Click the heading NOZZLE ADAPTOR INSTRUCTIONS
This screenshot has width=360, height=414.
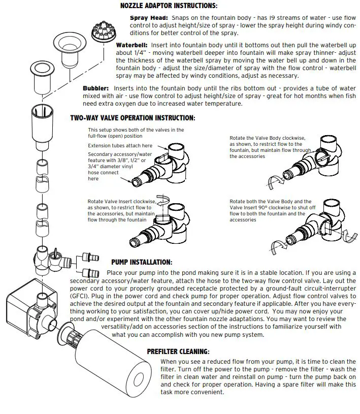point(168,6)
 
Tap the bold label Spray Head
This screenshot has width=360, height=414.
point(145,17)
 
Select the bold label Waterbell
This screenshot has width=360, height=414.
point(131,44)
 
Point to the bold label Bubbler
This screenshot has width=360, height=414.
point(96,88)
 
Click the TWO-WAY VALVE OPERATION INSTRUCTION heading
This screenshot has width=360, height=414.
point(132,118)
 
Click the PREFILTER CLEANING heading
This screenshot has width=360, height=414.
point(178,351)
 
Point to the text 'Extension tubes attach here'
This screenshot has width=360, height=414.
point(120,146)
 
